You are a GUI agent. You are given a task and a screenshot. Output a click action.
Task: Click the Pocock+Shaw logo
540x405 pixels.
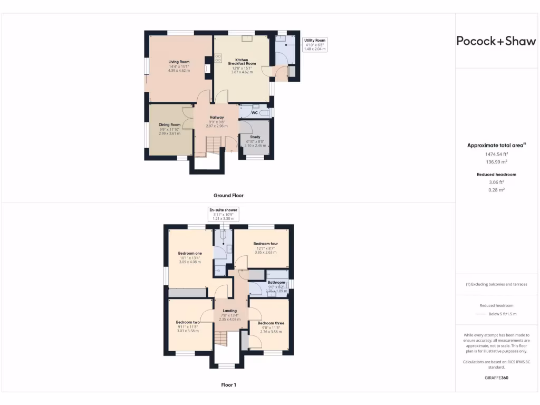pyautogui.click(x=496, y=41)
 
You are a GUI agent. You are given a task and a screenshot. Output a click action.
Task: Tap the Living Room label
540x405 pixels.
pyautogui.click(x=179, y=62)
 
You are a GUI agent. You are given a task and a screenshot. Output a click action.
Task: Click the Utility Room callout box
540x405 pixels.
pyautogui.click(x=315, y=44)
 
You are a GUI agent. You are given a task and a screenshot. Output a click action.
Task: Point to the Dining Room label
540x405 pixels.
pyautogui.click(x=169, y=125)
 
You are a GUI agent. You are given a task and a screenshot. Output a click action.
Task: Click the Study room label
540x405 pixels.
pyautogui.click(x=255, y=137)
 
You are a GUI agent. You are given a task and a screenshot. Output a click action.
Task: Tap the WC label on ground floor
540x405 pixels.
pyautogui.click(x=254, y=113)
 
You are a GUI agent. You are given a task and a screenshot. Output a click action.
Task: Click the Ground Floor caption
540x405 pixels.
pyautogui.click(x=228, y=195)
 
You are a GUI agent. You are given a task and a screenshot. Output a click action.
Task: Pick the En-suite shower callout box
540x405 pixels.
pyautogui.click(x=224, y=214)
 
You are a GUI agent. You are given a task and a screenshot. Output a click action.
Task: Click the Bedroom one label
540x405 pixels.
pyautogui.click(x=190, y=254)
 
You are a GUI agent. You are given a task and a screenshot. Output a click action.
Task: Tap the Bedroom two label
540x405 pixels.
pyautogui.click(x=188, y=322)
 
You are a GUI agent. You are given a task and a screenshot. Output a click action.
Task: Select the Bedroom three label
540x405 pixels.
pyautogui.click(x=272, y=323)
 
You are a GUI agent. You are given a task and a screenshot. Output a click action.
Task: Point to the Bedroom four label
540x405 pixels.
pyautogui.click(x=265, y=244)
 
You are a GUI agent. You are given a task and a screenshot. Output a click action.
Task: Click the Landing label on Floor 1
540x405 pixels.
pyautogui.click(x=229, y=311)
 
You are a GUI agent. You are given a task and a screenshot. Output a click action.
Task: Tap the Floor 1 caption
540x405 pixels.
pyautogui.click(x=228, y=385)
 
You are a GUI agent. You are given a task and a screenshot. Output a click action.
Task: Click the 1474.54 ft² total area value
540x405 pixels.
pyautogui.click(x=496, y=154)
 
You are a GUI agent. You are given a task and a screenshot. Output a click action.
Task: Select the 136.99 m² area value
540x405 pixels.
pyautogui.click(x=496, y=162)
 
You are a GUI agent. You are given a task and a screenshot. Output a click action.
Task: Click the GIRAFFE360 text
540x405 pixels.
pyautogui.click(x=496, y=378)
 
